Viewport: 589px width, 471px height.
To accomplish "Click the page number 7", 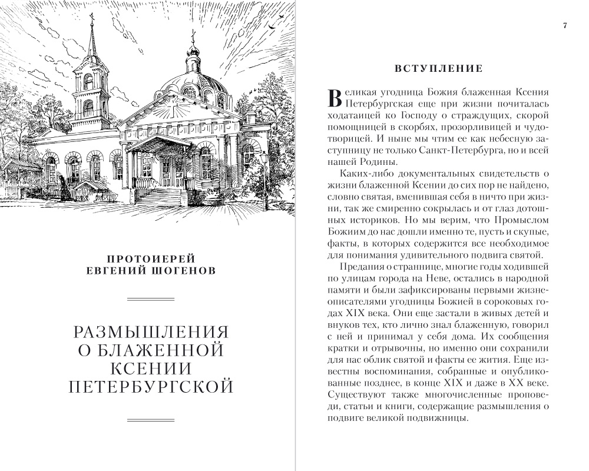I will (x=564, y=26).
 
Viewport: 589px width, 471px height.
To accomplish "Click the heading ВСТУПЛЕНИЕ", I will (x=439, y=69).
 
